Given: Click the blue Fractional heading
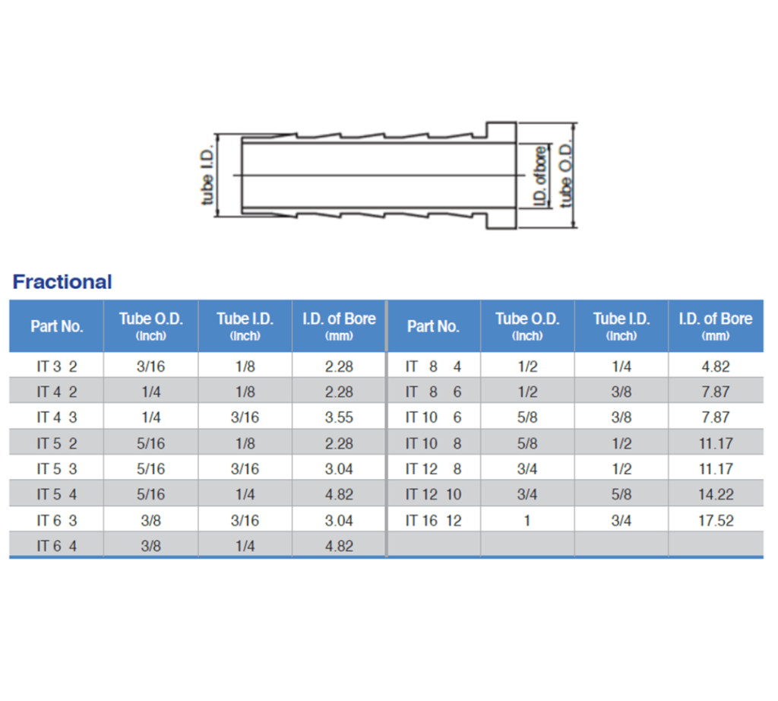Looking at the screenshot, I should click(62, 282).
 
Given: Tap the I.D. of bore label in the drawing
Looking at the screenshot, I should click(540, 176).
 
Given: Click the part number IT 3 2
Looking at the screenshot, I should click(57, 366).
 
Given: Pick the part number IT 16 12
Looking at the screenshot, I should click(433, 521).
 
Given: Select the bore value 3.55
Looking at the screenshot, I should click(339, 417).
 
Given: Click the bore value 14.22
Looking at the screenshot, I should click(716, 495).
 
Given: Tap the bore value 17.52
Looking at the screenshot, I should click(716, 521).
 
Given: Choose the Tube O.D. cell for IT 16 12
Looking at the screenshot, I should click(527, 521).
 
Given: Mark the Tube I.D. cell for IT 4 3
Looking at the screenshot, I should click(245, 417).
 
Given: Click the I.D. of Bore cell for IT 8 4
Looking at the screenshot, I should click(716, 366).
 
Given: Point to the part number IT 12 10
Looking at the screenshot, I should click(433, 495).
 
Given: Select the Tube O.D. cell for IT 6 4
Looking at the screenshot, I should click(150, 546).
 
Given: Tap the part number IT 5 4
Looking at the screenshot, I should click(57, 495).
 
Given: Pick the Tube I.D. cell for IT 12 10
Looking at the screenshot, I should click(621, 495).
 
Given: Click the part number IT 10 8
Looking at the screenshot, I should click(433, 443).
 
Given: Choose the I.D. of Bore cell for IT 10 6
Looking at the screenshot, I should click(716, 417).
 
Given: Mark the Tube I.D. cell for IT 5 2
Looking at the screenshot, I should click(245, 443).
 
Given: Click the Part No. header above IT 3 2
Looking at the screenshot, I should click(57, 326).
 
